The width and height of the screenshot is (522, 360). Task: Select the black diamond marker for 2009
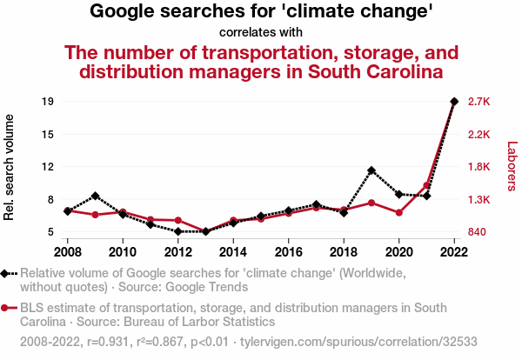pyautogui.click(x=95, y=196)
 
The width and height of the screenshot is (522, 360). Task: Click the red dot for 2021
pyautogui.click(x=426, y=185)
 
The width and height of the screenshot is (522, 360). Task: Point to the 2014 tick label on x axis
pyautogui.click(x=233, y=252)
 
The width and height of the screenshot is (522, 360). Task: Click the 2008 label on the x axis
pyautogui.click(x=67, y=252)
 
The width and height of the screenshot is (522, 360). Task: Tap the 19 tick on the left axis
pyautogui.click(x=48, y=102)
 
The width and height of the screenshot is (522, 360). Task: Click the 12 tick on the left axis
pyautogui.click(x=48, y=167)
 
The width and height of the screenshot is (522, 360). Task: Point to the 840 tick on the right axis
pyautogui.click(x=478, y=232)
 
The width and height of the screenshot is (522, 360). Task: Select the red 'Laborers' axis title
pyautogui.click(x=512, y=167)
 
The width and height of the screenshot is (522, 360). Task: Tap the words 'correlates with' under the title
pyautogui.click(x=261, y=33)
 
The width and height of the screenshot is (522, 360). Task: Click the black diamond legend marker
pyautogui.click(x=7, y=273)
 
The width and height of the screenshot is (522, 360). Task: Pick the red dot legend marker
pyautogui.click(x=7, y=308)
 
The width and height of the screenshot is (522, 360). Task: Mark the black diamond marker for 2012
pyautogui.click(x=177, y=231)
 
